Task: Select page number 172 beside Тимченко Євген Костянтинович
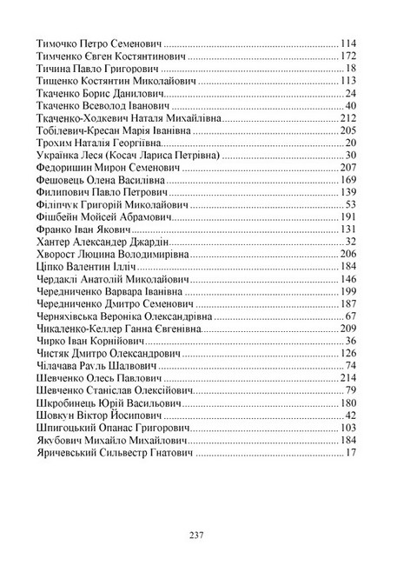349,55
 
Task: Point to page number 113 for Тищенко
349,81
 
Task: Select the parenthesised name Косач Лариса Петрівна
169,155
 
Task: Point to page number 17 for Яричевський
352,453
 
